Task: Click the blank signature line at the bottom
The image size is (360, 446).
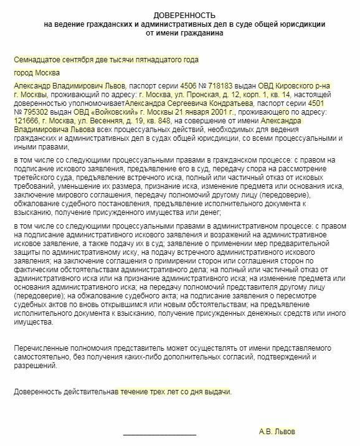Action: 159,432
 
